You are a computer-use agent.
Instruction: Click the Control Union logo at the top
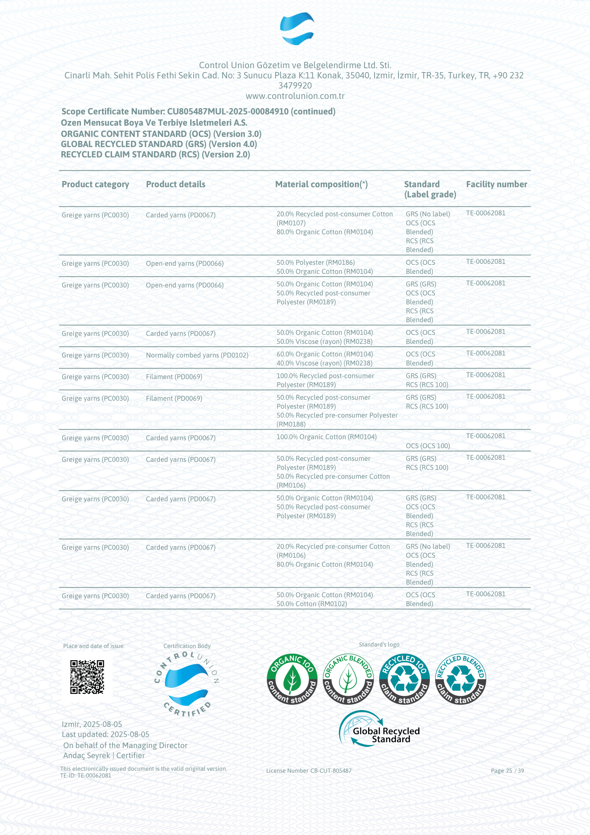tap(297, 28)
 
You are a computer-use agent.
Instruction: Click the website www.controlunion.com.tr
tap(295, 96)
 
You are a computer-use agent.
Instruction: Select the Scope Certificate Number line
tap(198, 111)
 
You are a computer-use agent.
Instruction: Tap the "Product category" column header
tap(95, 184)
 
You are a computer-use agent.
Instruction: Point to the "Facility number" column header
tap(496, 184)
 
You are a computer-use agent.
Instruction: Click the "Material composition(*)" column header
tap(321, 184)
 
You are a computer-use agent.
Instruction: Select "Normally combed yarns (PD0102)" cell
tap(197, 355)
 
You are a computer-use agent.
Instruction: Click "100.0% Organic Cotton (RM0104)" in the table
tap(326, 437)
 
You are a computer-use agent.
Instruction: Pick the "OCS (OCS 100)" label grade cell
tap(428, 446)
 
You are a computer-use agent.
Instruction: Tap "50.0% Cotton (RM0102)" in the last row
tap(312, 604)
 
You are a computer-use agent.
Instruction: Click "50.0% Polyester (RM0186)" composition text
tap(315, 263)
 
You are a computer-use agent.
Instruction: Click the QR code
tap(87, 677)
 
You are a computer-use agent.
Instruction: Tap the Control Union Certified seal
tap(187, 684)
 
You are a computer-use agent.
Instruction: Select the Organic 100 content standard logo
tap(292, 679)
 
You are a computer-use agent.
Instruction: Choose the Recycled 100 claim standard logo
tap(404, 679)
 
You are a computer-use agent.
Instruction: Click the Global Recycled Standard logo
tap(379, 729)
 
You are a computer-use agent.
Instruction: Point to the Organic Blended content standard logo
tap(348, 679)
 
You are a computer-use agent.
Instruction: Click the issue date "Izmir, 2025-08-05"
tap(92, 724)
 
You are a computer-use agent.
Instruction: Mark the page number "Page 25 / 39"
tap(507, 770)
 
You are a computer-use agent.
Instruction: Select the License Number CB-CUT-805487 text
tap(309, 770)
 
